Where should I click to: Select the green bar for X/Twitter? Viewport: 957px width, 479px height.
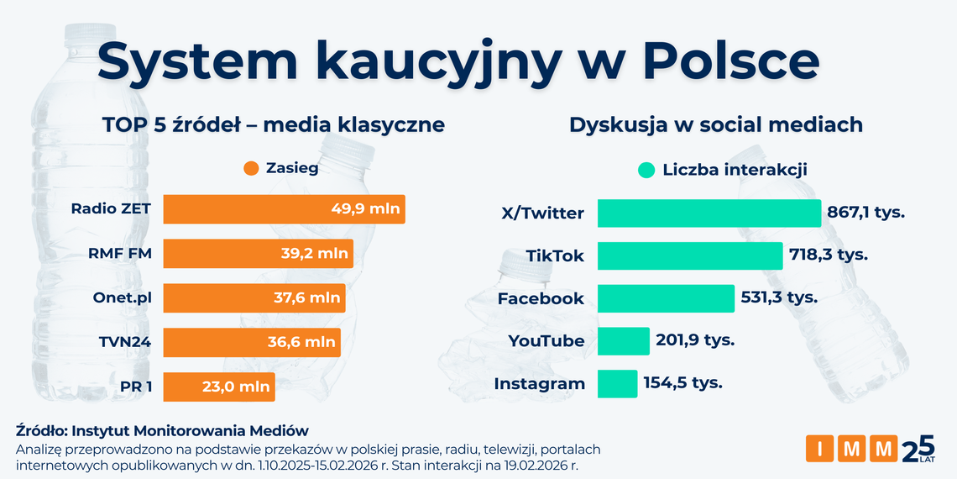[x=709, y=213]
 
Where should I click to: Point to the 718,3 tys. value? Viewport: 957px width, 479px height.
[x=828, y=254]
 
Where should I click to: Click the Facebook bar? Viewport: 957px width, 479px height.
[x=665, y=298]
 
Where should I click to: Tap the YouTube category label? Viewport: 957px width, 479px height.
[x=546, y=341]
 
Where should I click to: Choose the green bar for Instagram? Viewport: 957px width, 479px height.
[x=617, y=384]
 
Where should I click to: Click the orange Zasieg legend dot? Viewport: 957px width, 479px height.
[x=250, y=169]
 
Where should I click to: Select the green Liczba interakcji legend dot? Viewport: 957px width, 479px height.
[x=646, y=171]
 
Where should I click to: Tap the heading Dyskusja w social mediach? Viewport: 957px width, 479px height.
[x=716, y=125]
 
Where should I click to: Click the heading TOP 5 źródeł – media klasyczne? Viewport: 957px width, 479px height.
[x=273, y=125]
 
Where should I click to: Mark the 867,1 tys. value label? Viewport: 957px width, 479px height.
[x=865, y=213]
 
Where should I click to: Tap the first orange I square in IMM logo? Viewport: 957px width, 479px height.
[x=820, y=449]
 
